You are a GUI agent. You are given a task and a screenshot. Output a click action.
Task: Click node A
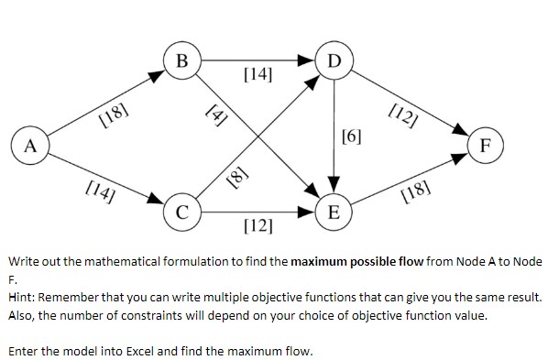point(31,145)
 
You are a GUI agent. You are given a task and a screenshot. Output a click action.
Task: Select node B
point(182,60)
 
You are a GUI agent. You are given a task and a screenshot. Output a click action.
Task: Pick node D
point(335,60)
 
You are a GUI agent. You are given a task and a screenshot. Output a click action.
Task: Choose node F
point(487,145)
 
